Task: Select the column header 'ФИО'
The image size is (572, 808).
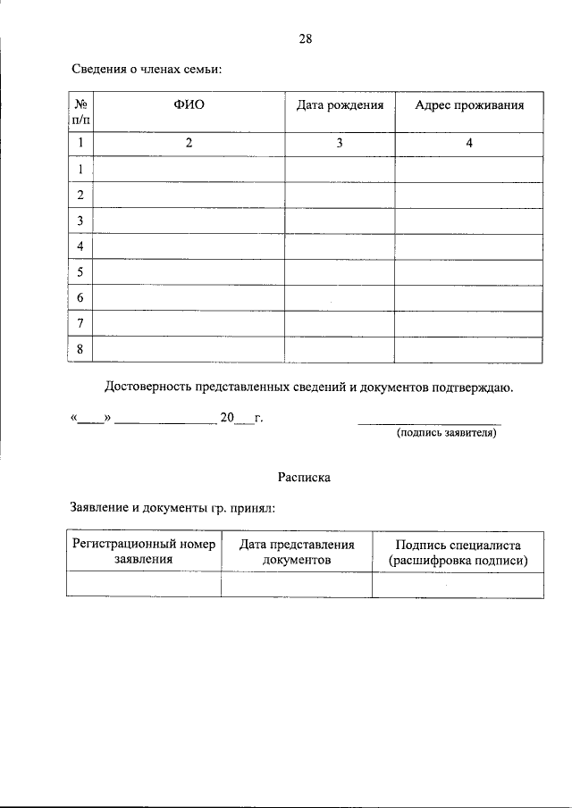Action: (189, 105)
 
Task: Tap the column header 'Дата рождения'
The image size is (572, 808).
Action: (340, 105)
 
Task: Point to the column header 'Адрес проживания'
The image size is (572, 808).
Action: (468, 105)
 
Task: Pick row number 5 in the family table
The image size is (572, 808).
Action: (80, 271)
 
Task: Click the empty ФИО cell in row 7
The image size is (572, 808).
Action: (189, 323)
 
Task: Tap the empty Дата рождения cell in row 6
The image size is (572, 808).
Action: (340, 297)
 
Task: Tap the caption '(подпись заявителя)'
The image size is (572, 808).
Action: (445, 433)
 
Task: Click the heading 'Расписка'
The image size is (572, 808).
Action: (304, 477)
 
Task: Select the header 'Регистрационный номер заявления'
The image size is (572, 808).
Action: (144, 552)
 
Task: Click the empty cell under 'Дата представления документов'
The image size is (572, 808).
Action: (297, 585)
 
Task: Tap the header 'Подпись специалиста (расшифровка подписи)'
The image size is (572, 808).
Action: (458, 552)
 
